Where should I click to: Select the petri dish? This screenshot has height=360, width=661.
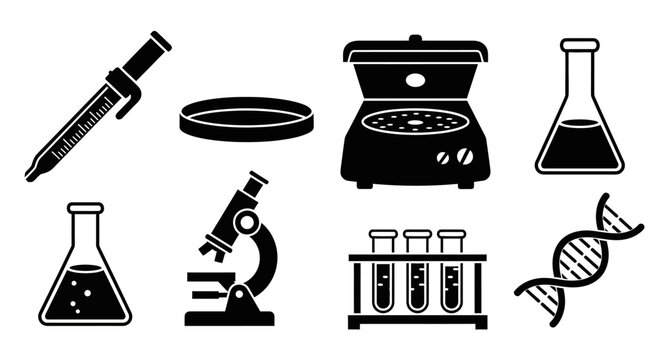(246, 118)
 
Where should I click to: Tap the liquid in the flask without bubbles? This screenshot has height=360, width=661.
(579, 145)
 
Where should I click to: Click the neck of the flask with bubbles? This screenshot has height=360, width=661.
(85, 228)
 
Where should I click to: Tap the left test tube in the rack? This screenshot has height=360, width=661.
(383, 275)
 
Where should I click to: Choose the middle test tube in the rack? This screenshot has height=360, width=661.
(417, 275)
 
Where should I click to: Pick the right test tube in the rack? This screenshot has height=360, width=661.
(452, 275)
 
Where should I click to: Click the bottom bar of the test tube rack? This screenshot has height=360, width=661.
(417, 321)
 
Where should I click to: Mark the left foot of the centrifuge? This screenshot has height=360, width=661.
(365, 184)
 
